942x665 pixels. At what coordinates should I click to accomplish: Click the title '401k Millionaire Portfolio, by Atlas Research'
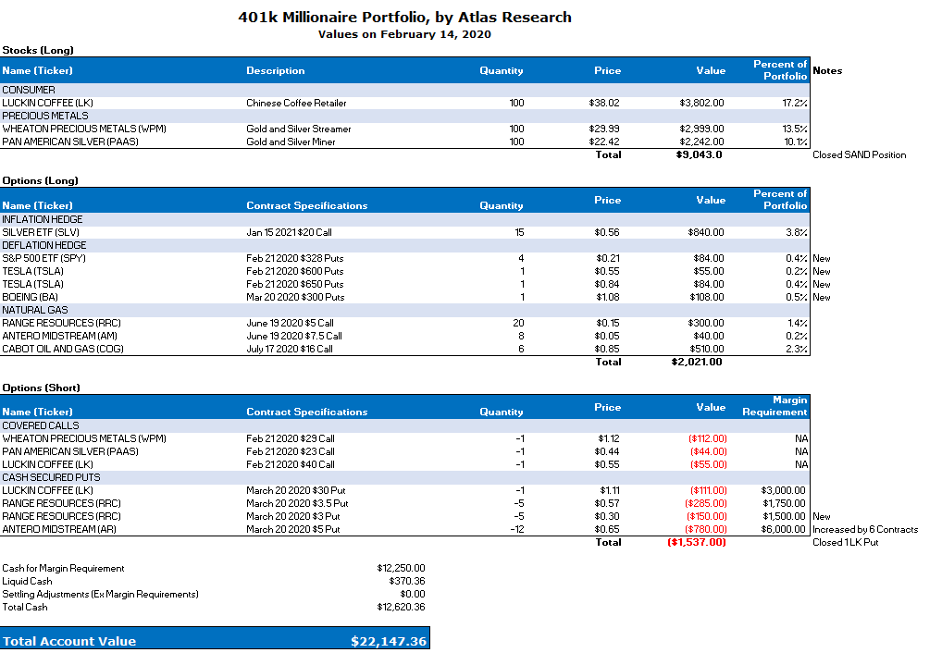(404, 17)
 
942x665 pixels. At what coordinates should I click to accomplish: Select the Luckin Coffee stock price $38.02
(604, 103)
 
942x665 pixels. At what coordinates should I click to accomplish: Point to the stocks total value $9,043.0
(699, 154)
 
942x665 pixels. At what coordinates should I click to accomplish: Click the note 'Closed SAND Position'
(859, 154)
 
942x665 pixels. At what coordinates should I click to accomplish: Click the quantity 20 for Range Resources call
(518, 323)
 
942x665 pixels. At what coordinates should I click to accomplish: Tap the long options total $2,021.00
(697, 362)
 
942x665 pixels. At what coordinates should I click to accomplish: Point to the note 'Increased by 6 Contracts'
(865, 529)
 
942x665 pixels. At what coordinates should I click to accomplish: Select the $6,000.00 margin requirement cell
(783, 529)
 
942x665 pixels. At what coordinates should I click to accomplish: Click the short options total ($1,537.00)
(697, 542)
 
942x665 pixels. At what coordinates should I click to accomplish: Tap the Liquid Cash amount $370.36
(406, 581)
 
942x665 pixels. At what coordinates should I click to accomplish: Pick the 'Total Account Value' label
(69, 641)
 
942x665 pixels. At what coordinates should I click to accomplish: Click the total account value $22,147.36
(389, 641)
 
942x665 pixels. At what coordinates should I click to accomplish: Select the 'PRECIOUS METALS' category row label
(45, 116)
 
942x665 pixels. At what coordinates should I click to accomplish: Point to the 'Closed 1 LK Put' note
(845, 542)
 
